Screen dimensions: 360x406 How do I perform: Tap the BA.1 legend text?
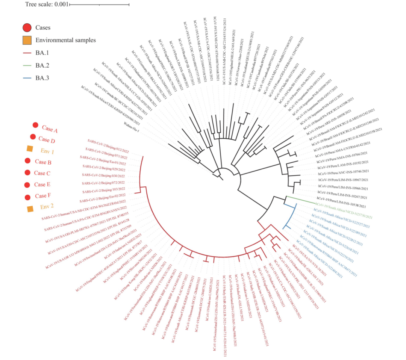42,53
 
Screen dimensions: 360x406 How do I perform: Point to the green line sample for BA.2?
27,66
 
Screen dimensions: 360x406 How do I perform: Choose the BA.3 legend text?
42,78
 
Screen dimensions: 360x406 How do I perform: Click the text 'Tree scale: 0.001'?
47,4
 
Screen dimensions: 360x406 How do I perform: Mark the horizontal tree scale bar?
99,5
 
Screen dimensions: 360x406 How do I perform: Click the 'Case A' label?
50,129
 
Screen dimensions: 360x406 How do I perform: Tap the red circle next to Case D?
33,137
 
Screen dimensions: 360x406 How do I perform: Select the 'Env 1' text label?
47,151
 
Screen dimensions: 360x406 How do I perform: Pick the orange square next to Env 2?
30,209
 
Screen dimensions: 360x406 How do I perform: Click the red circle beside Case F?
27,197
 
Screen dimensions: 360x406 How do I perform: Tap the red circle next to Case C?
27,172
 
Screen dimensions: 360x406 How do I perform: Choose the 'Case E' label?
42,185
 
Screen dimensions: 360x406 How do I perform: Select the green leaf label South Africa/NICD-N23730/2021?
344,211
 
